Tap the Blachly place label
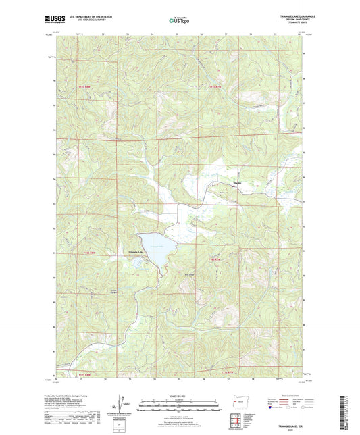(x=236, y=183)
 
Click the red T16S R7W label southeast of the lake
(x=215, y=259)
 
